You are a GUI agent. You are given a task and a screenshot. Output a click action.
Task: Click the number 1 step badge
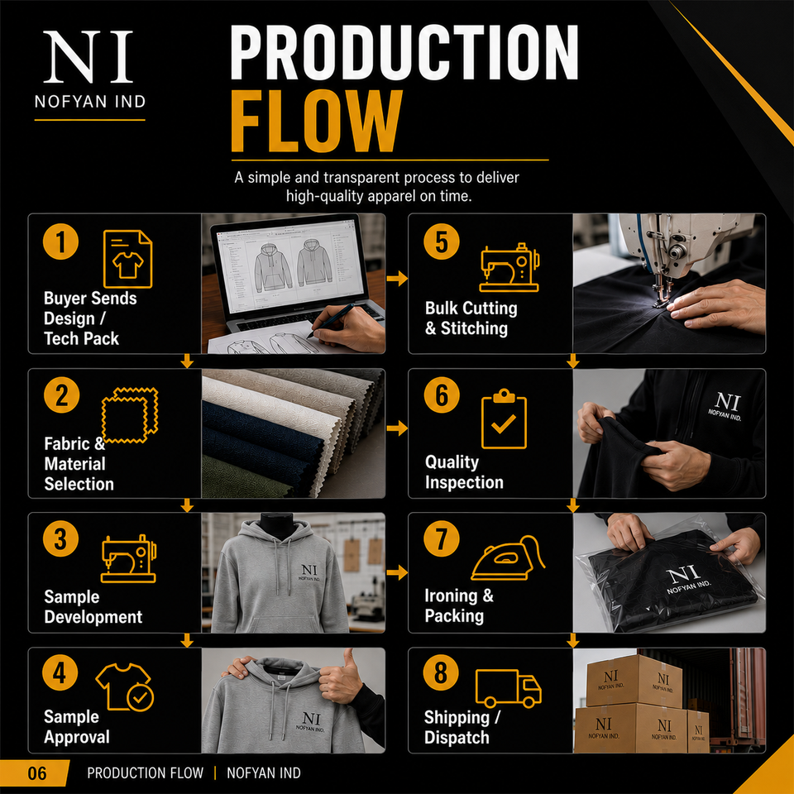coord(60,242)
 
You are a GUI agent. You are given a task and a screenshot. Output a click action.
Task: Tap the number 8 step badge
coord(441,672)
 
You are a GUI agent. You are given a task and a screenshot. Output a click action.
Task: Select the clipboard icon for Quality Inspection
coord(504,419)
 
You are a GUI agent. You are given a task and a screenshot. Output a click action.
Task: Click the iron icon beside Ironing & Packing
coord(507,558)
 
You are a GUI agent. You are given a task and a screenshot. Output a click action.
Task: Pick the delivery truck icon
coord(509,688)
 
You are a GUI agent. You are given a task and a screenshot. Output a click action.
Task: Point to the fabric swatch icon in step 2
coord(130,415)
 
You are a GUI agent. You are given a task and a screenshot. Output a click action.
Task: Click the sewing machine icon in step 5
coord(509,267)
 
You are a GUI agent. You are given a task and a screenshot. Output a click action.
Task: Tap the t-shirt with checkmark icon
coord(125,687)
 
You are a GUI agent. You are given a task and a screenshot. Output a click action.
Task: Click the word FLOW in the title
coord(317,121)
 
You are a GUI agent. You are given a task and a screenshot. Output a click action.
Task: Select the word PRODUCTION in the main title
coord(404,52)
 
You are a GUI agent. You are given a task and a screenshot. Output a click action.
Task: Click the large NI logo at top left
coord(88,57)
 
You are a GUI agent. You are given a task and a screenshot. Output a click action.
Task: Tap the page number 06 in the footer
coord(37,773)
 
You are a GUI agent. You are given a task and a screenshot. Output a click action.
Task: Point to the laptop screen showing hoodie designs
coord(290,265)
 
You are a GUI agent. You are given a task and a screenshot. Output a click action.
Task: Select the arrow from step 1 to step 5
coord(397,278)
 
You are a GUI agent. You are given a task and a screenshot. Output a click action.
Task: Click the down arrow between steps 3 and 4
coord(187,640)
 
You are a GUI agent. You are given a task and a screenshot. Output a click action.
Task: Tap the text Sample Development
coord(93,606)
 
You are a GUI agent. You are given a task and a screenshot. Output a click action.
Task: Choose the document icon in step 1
coord(127,259)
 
